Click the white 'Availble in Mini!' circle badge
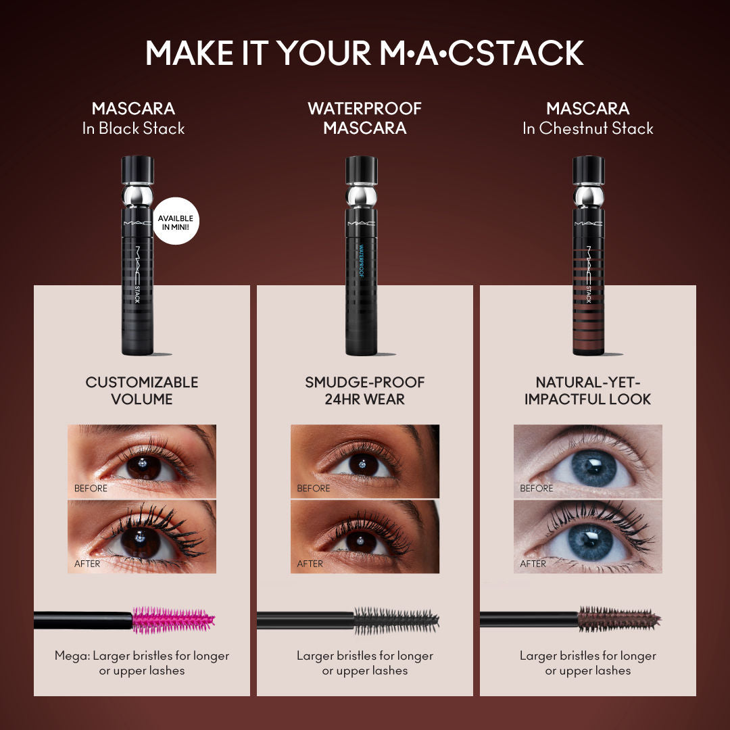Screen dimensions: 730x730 [176, 220]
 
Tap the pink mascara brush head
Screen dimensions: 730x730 [173, 620]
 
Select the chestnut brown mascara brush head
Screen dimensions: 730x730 [618, 619]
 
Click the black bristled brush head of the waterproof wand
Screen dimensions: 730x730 [396, 620]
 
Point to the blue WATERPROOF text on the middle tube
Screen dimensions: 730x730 [361, 261]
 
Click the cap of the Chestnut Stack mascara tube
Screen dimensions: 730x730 [589, 170]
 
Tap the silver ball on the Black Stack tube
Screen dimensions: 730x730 [138, 196]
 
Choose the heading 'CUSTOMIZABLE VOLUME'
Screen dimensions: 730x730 [142, 391]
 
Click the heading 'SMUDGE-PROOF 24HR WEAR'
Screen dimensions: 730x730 [365, 391]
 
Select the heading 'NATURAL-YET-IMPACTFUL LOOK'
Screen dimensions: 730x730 [588, 391]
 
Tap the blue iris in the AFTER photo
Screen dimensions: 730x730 [590, 542]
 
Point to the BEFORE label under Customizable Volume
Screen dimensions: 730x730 [91, 488]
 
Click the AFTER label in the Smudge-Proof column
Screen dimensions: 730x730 [310, 563]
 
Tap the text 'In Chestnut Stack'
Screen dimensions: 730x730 [588, 128]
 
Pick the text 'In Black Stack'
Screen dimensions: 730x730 [133, 128]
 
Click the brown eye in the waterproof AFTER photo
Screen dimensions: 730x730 [361, 542]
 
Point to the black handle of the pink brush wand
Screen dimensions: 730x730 [83, 620]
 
